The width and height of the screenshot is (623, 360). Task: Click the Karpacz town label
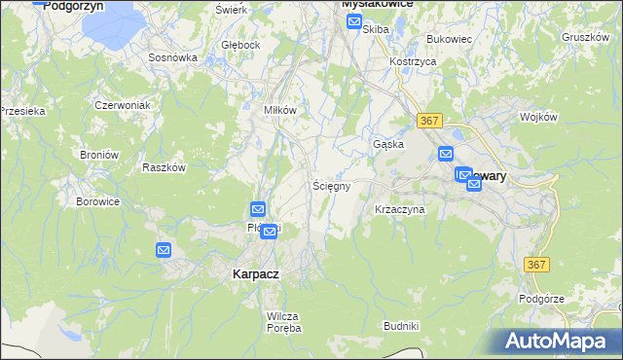(x=256, y=274)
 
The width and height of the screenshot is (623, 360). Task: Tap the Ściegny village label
(x=331, y=185)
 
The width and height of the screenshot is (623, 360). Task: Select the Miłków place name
(x=280, y=110)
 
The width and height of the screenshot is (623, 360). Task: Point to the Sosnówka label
(x=173, y=57)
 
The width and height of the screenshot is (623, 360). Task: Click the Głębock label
(x=240, y=45)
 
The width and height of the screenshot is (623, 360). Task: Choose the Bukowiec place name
(x=449, y=40)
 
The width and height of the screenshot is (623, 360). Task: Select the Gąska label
(x=388, y=144)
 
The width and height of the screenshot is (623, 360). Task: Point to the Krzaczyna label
(x=400, y=209)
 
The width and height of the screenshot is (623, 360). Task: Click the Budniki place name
(x=401, y=325)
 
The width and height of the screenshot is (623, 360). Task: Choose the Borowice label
(x=97, y=201)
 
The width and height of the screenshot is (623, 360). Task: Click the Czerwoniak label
(x=122, y=104)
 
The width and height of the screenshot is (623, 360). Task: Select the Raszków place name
(x=164, y=167)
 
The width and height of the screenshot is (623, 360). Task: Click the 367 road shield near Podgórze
(x=536, y=265)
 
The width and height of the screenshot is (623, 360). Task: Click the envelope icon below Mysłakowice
(x=354, y=19)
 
